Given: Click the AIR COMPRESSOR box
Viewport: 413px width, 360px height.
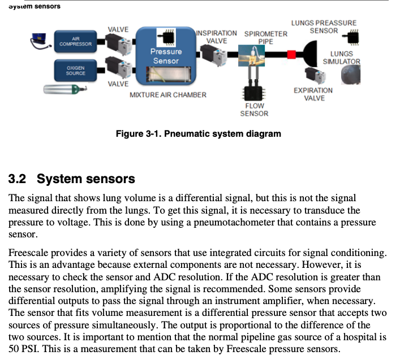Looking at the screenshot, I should click(x=75, y=41).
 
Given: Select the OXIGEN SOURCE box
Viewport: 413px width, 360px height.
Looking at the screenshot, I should click(x=76, y=70).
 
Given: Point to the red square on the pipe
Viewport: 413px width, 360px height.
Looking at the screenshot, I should click(x=292, y=54).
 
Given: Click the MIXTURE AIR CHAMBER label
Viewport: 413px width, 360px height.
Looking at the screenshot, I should click(x=168, y=94).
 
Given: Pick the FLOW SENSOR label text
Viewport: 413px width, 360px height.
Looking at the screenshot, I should click(x=254, y=110).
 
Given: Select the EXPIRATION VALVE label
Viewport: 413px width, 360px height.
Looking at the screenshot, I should click(x=313, y=94).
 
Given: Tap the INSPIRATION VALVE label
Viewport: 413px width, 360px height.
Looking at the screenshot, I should click(x=217, y=37).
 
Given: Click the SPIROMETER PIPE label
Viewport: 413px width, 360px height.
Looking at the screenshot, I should click(x=266, y=37).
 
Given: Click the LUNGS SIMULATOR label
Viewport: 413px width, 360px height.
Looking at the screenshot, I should click(x=342, y=58).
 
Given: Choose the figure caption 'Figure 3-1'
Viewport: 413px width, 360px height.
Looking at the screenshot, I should click(x=198, y=134).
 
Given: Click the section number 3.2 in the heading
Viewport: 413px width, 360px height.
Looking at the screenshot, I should click(x=19, y=179).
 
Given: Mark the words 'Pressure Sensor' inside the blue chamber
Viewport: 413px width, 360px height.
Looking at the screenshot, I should click(x=166, y=56).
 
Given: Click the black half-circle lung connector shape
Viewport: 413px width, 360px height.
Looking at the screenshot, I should click(x=309, y=54).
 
